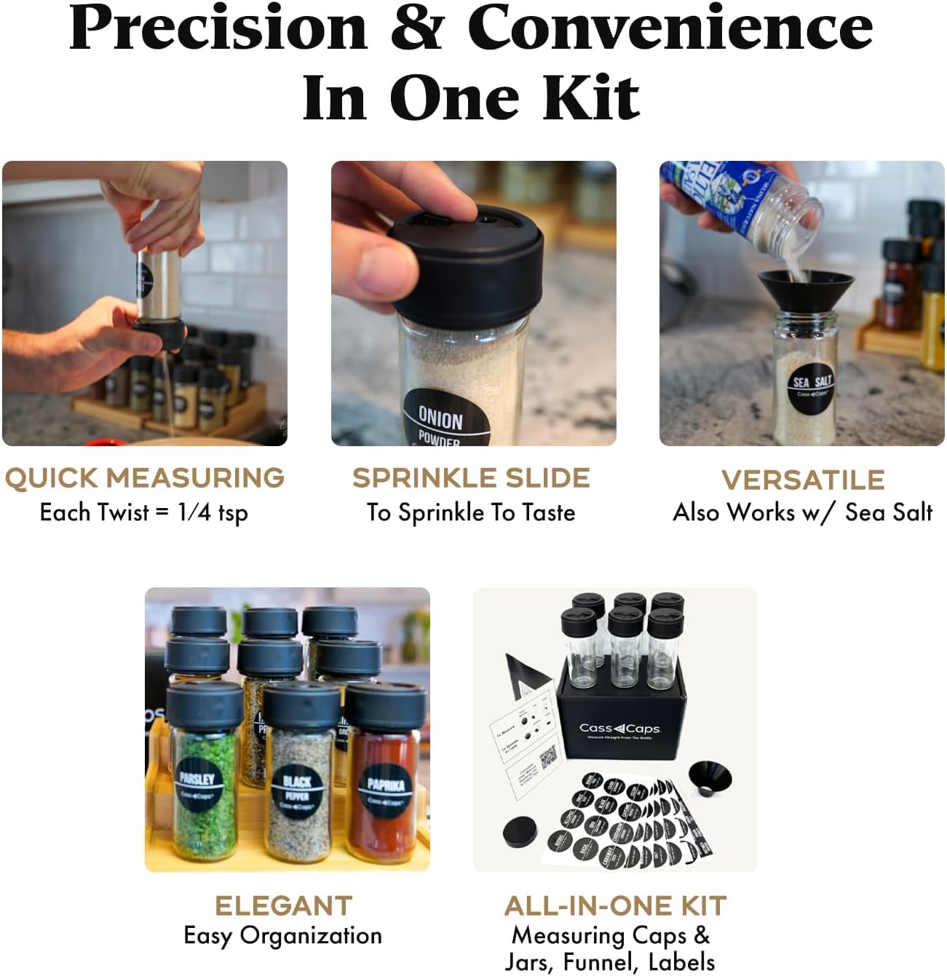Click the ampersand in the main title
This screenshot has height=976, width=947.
pos(416,29)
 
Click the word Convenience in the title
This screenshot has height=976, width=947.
pos(670,29)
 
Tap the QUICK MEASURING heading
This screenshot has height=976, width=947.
pos(144,478)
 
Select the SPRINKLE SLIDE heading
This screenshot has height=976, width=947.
pos(471,478)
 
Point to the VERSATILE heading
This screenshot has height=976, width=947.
pos(803,480)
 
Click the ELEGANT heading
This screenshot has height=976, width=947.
pos(283,905)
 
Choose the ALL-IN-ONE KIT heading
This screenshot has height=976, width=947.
pos(615,905)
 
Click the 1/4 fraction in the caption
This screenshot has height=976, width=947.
pos(194,512)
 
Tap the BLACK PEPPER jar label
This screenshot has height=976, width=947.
pos(297,791)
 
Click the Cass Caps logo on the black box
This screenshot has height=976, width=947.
pos(619,728)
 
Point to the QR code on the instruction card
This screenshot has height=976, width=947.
pos(548,759)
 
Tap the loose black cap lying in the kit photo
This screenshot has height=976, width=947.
pos(520,832)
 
